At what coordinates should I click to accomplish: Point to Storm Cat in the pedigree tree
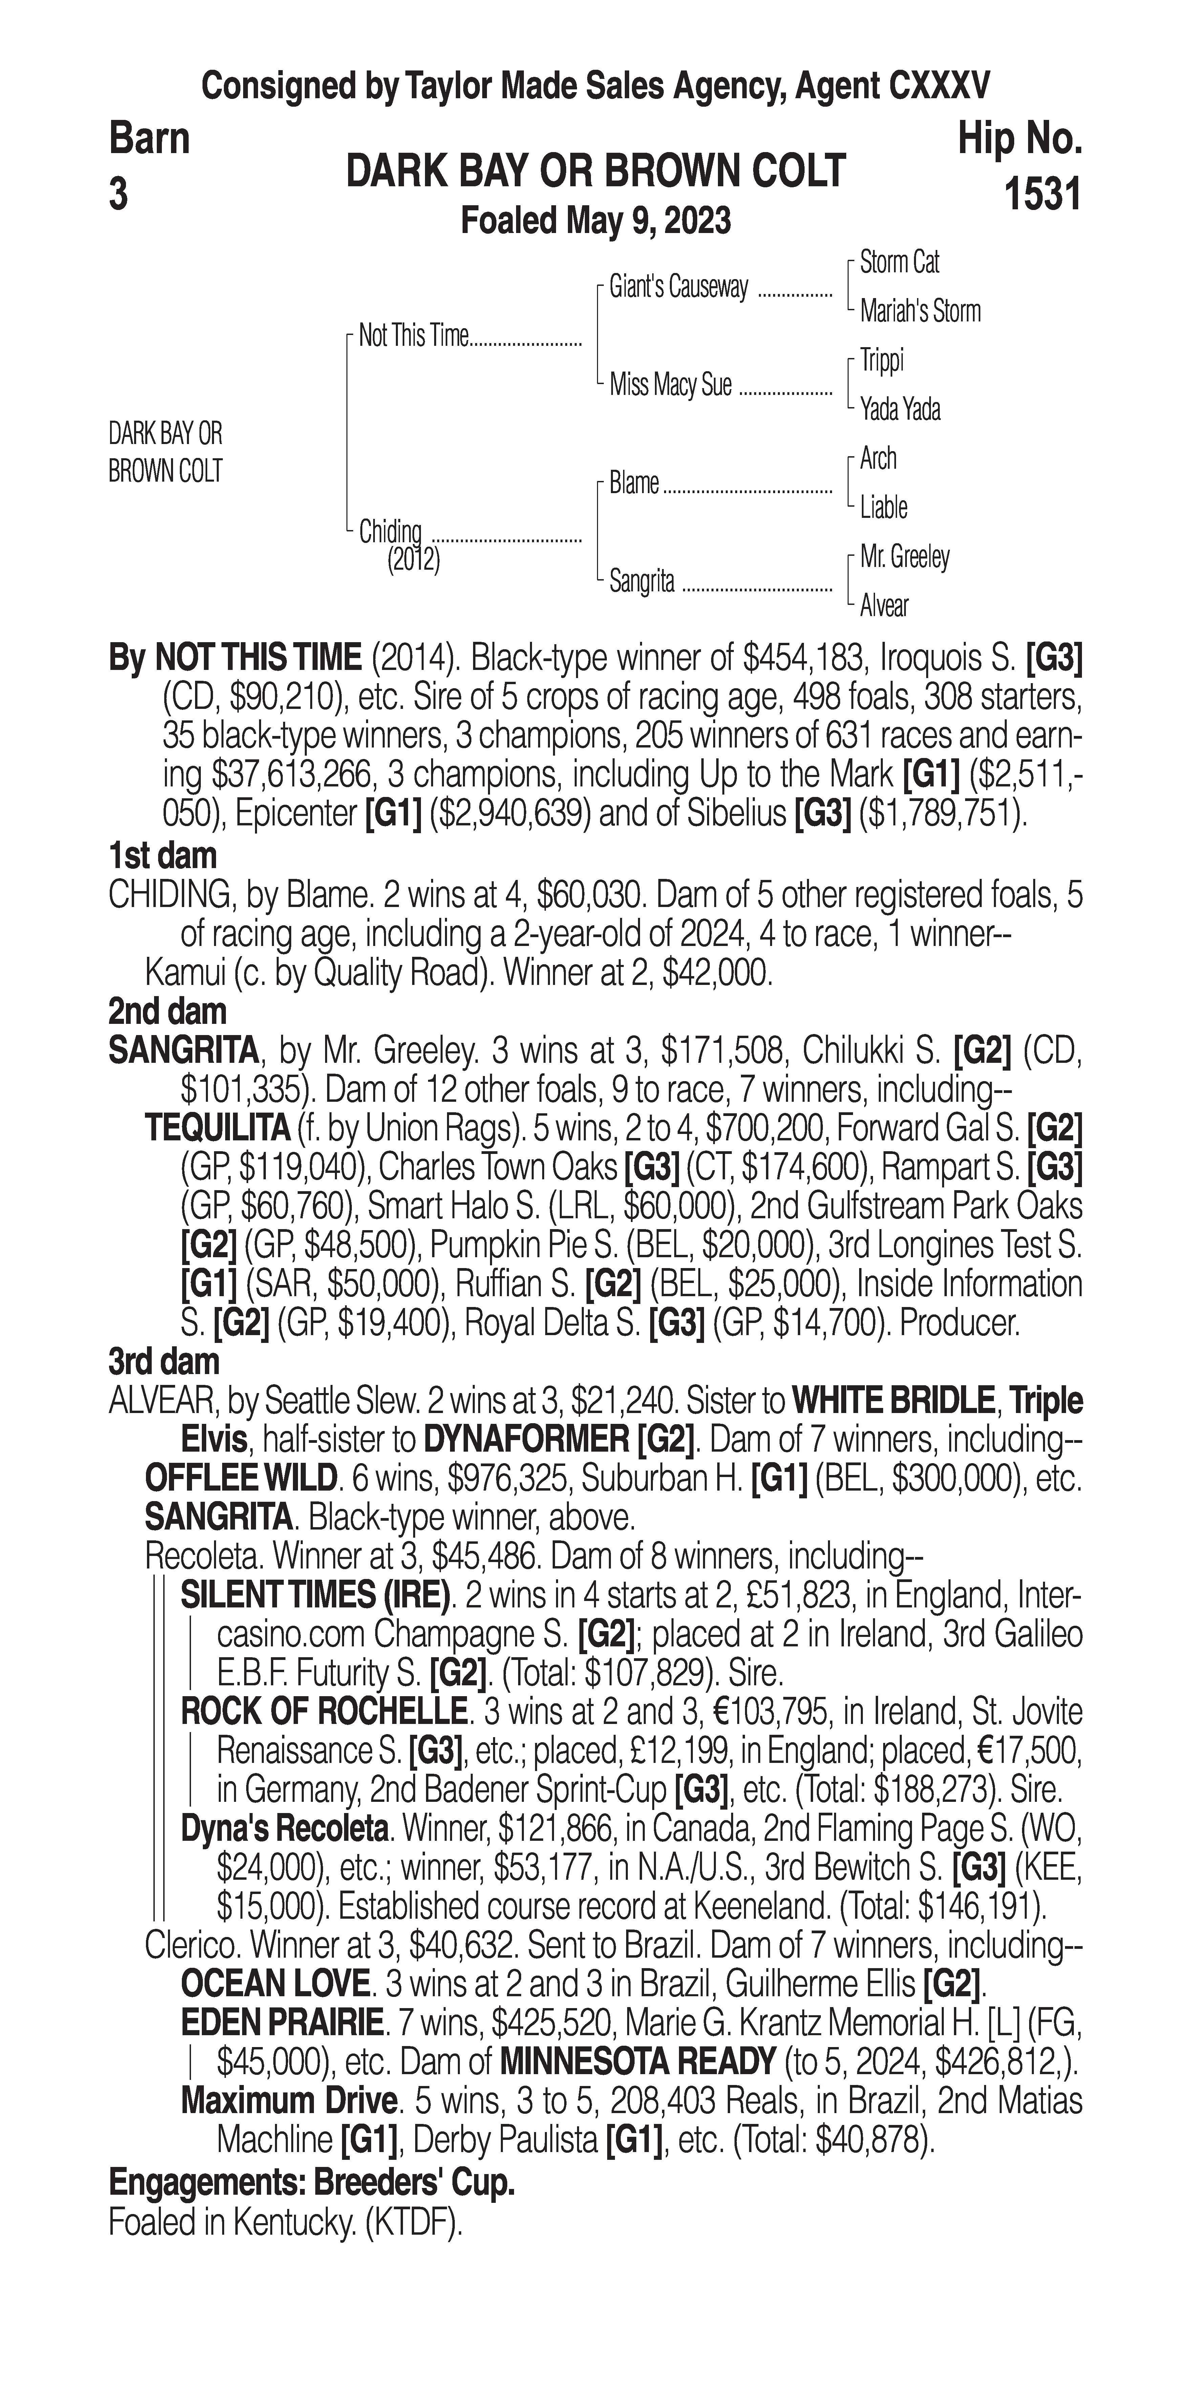pyautogui.click(x=899, y=262)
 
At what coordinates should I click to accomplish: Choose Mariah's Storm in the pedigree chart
pyautogui.click(x=919, y=312)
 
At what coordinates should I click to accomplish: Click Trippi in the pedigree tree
pyautogui.click(x=881, y=360)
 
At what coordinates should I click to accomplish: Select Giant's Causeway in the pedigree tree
pyautogui.click(x=678, y=288)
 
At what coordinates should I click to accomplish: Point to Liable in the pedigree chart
pyautogui.click(x=884, y=507)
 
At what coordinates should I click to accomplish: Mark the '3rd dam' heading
pyautogui.click(x=164, y=1362)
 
